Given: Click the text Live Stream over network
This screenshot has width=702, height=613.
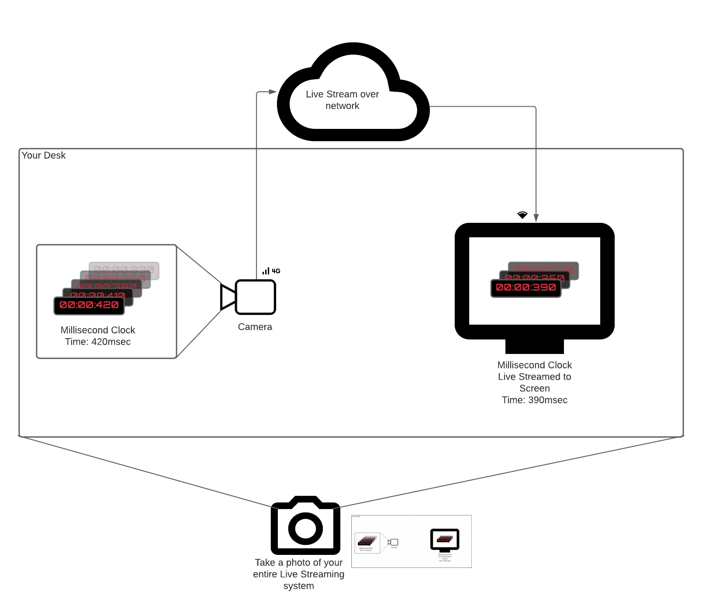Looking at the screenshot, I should tap(342, 100).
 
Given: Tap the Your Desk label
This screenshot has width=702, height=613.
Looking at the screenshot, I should tap(43, 156).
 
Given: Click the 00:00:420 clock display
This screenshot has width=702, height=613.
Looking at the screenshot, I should tap(89, 305).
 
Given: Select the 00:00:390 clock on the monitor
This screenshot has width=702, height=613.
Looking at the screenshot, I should tap(526, 287).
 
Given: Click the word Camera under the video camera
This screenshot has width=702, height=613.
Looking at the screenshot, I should tap(255, 327).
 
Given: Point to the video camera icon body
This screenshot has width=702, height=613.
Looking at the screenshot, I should tap(256, 297).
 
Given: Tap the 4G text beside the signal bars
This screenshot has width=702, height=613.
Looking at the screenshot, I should tap(276, 271).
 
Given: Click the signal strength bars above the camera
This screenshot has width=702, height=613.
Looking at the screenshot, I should tap(266, 271).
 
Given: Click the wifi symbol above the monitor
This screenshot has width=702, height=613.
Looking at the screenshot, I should tap(522, 215).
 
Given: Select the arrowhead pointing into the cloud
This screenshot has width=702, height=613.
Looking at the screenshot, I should tap(273, 92).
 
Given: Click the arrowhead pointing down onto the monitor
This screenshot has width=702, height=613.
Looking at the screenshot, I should tap(536, 218).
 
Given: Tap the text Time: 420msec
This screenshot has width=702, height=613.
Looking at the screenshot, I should tap(98, 342).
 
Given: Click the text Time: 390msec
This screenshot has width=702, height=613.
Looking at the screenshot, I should tap(534, 400).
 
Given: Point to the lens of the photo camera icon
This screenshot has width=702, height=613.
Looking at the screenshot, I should tap(305, 528).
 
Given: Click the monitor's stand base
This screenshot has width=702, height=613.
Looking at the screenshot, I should tap(534, 346).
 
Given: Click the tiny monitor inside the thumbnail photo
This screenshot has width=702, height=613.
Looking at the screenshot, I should tap(445, 540).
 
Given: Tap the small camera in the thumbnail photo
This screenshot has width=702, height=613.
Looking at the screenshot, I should tap(394, 542).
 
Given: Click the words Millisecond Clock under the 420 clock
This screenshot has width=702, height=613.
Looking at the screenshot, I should tap(98, 330).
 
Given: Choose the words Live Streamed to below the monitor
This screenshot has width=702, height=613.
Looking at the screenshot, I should tap(534, 377).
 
